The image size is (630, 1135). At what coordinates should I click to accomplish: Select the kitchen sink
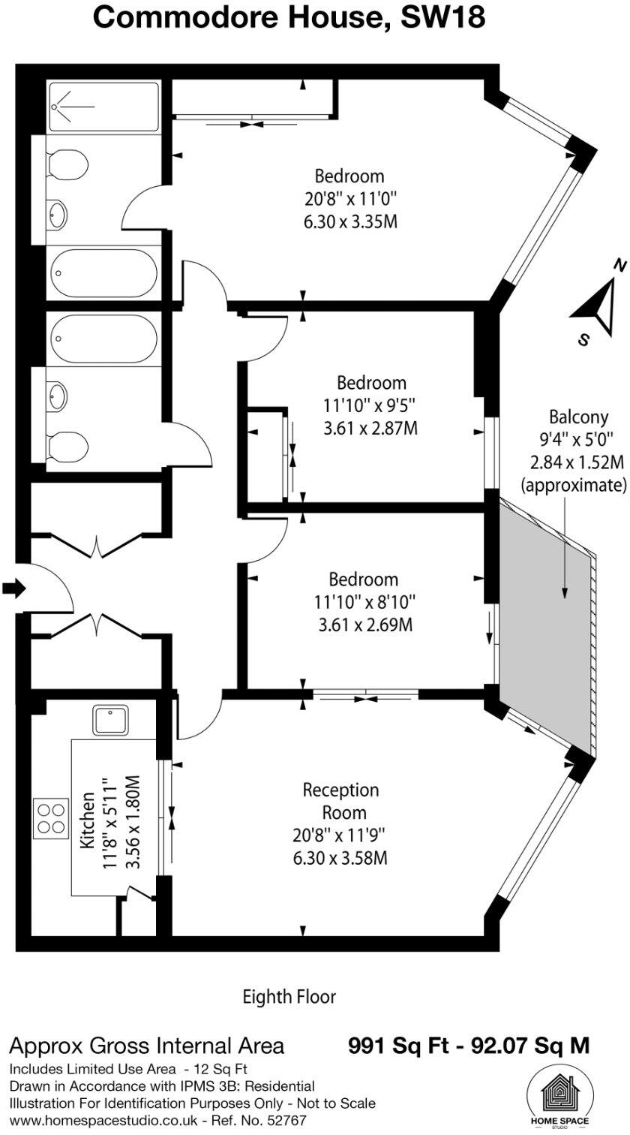pyautogui.click(x=111, y=720)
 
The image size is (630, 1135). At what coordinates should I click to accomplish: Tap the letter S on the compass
pyautogui.click(x=583, y=339)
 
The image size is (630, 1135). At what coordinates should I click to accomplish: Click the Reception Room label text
pyautogui.click(x=340, y=801)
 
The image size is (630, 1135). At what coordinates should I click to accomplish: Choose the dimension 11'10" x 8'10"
pyautogui.click(x=364, y=602)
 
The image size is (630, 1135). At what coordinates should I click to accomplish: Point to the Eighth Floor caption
pyautogui.click(x=289, y=997)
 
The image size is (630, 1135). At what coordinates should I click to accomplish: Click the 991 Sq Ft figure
pyautogui.click(x=394, y=1045)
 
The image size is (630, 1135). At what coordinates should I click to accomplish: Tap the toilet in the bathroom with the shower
pyautogui.click(x=67, y=164)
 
